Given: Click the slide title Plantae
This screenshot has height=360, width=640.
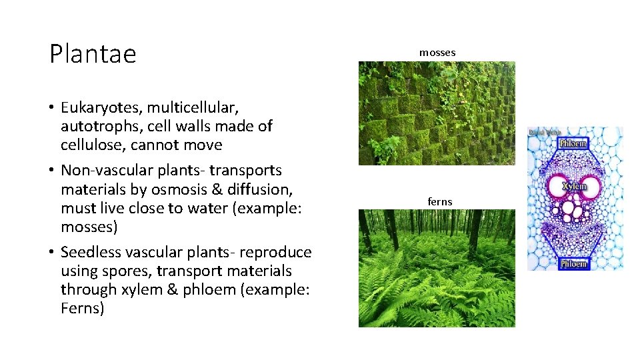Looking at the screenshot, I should (x=93, y=54).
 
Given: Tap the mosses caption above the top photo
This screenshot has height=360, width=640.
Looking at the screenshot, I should (x=437, y=52).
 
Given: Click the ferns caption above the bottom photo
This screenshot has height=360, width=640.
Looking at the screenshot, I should (x=440, y=201).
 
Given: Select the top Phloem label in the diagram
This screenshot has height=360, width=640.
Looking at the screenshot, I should (x=574, y=144).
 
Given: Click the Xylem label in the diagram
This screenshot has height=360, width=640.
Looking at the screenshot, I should (x=574, y=187).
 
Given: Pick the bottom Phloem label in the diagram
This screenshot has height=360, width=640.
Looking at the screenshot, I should (x=573, y=263).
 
